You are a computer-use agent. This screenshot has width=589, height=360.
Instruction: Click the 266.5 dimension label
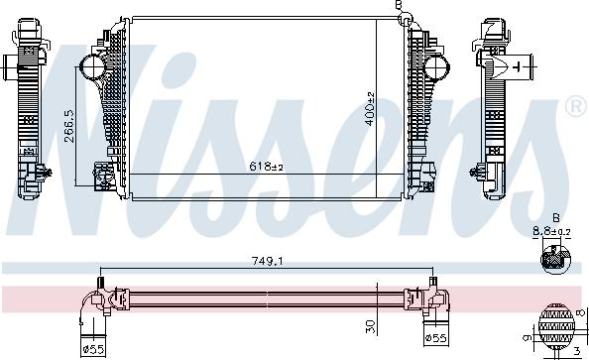69,126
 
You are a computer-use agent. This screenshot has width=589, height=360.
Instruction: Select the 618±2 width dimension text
266,166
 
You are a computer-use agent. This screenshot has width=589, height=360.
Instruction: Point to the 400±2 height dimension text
370,109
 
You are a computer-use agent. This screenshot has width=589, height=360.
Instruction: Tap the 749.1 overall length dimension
267,261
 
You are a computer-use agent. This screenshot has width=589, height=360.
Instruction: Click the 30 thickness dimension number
370,326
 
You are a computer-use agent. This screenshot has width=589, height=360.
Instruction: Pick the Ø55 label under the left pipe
93,350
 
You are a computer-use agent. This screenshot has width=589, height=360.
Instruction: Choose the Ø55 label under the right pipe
435,338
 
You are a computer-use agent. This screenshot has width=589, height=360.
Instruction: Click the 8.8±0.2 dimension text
551,232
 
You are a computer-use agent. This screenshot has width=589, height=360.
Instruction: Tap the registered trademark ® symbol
577,106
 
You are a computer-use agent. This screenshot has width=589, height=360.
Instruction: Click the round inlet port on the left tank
92,66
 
